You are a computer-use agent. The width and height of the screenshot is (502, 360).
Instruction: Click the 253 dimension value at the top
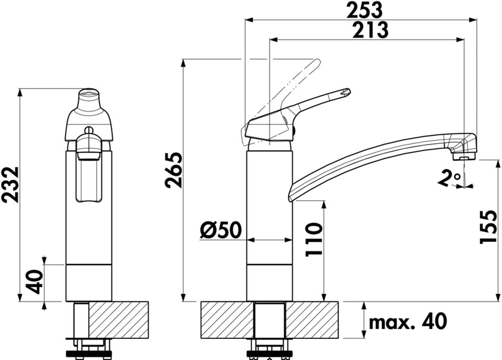366,9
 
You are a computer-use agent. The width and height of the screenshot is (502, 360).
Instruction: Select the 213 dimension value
369,30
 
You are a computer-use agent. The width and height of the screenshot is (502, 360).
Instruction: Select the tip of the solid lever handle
345,93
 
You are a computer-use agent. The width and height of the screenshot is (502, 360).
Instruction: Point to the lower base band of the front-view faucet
88,283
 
